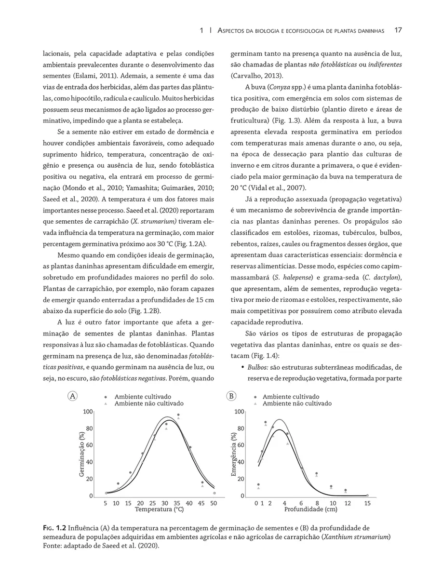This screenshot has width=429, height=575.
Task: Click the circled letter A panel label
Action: tap(73, 396)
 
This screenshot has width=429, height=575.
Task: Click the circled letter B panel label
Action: tap(231, 396)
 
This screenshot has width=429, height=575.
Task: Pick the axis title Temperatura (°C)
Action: tap(159, 509)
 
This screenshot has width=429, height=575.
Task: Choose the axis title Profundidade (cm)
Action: tap(310, 509)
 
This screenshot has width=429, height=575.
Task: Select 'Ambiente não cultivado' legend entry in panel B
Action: tap(297, 403)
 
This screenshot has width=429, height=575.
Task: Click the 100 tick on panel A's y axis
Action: tap(88, 412)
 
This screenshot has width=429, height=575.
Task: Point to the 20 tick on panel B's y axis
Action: tap(241, 479)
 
